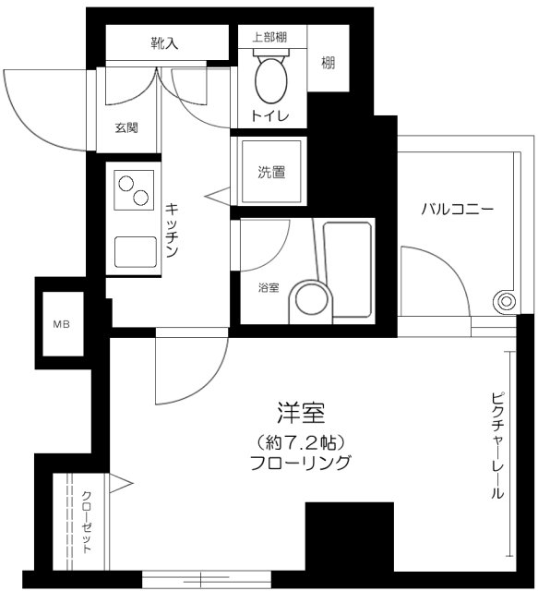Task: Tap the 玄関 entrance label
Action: (x=126, y=127)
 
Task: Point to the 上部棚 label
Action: (x=269, y=37)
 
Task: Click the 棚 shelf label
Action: (x=329, y=63)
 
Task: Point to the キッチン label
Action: (x=173, y=231)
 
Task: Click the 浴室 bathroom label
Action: (x=268, y=287)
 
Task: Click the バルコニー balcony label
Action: (x=458, y=209)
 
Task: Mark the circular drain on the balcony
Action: (x=504, y=299)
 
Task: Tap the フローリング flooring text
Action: (x=301, y=464)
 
